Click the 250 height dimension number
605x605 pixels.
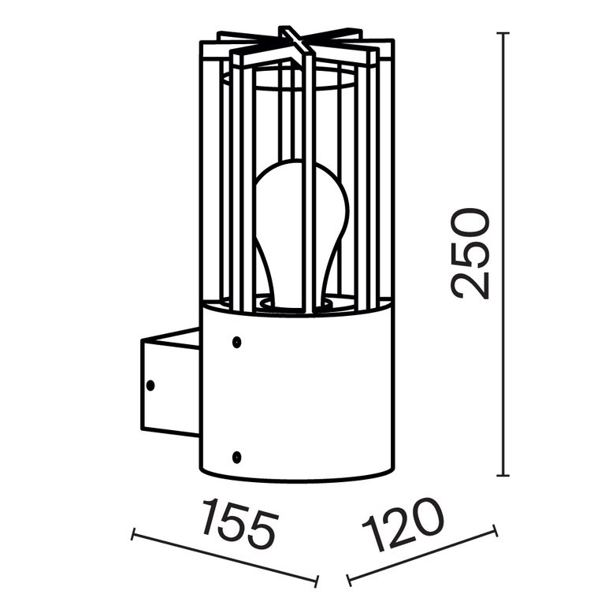471,254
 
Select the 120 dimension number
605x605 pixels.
403,525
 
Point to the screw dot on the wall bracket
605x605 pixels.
150,385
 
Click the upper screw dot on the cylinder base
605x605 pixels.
237,342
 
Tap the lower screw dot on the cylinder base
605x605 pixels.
237,457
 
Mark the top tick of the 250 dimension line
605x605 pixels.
503,33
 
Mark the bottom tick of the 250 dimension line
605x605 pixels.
503,475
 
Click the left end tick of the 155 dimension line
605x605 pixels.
133,534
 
